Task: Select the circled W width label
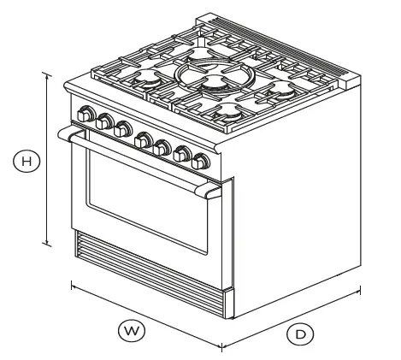[131, 328]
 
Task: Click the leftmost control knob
[86, 112]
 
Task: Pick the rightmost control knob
[202, 161]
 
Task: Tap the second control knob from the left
[104, 121]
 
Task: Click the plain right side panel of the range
[299, 197]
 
